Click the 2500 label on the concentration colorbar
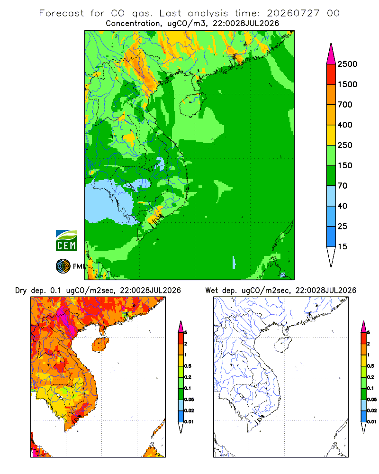pyautogui.click(x=347, y=64)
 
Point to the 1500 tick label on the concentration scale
pyautogui.click(x=347, y=84)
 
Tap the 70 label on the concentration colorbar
pyautogui.click(x=342, y=186)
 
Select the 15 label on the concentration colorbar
pyautogui.click(x=342, y=246)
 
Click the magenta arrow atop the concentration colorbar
pyautogui.click(x=331, y=55)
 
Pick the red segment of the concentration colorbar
pyautogui.click(x=331, y=74)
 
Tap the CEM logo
pyautogui.click(x=66, y=241)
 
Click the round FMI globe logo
pyautogui.click(x=63, y=266)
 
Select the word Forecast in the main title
pyautogui.click(x=62, y=13)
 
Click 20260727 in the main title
pyautogui.click(x=293, y=13)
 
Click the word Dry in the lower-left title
pyautogui.click(x=21, y=291)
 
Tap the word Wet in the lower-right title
pyautogui.click(x=211, y=291)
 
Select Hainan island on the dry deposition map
pyautogui.click(x=100, y=345)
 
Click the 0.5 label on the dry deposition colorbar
pyautogui.click(x=188, y=366)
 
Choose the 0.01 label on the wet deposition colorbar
pyautogui.click(x=372, y=422)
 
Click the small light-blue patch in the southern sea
pyautogui.click(x=234, y=262)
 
